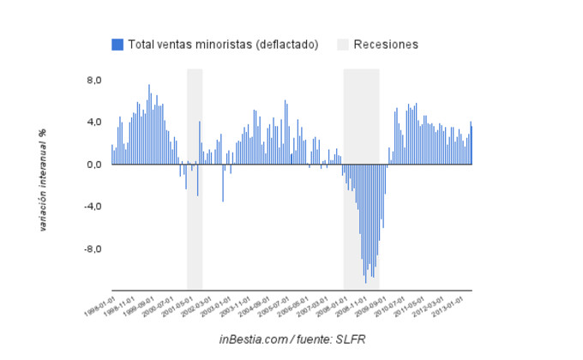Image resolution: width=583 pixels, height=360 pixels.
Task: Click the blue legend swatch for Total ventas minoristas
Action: (x=117, y=44)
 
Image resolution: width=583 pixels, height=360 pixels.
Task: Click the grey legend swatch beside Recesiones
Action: (x=342, y=44)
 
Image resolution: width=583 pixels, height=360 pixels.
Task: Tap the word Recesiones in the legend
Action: (x=386, y=44)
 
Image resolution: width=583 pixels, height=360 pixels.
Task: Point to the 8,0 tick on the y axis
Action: (x=93, y=81)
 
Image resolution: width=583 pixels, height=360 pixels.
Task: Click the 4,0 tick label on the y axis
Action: (x=93, y=123)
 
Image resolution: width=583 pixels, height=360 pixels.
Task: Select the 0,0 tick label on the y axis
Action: (x=93, y=165)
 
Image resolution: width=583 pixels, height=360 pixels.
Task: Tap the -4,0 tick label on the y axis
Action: (x=92, y=207)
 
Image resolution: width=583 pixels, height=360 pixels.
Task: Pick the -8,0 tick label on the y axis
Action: (x=92, y=249)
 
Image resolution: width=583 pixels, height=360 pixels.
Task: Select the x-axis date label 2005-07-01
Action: (x=277, y=306)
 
